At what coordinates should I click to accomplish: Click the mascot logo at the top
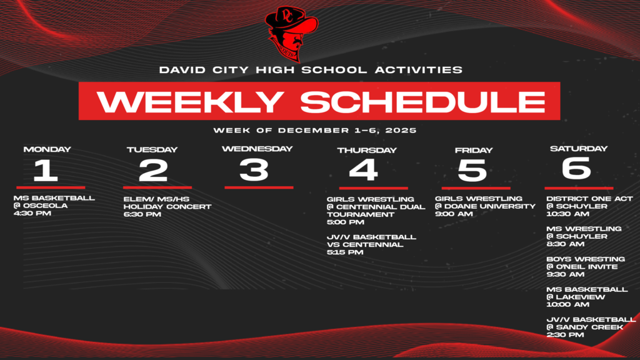coord(291,34)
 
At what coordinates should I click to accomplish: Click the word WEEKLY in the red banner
coord(190,101)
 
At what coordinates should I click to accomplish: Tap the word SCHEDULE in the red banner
coord(423,101)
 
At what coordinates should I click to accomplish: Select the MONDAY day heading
coord(47,149)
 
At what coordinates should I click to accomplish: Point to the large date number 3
coord(254,169)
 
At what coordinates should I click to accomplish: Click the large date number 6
coord(576,167)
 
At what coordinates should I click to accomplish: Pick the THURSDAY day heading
coord(367,150)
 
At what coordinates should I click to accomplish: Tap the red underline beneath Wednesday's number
coord(259,187)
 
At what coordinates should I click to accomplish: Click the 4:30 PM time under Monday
coord(32,213)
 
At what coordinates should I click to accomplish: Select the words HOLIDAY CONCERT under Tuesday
coord(167,206)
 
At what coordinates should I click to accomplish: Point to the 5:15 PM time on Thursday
coord(345,252)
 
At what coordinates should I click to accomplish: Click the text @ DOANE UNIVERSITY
coord(485,206)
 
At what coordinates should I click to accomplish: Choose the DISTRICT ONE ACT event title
coord(589,198)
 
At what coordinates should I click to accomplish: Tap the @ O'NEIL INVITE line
coord(582,266)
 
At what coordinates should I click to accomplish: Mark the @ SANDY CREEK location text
coord(585,327)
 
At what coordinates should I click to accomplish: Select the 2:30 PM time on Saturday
coord(565,335)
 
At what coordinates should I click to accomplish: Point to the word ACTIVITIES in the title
coord(419,70)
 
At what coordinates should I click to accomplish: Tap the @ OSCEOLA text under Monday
coord(41,205)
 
